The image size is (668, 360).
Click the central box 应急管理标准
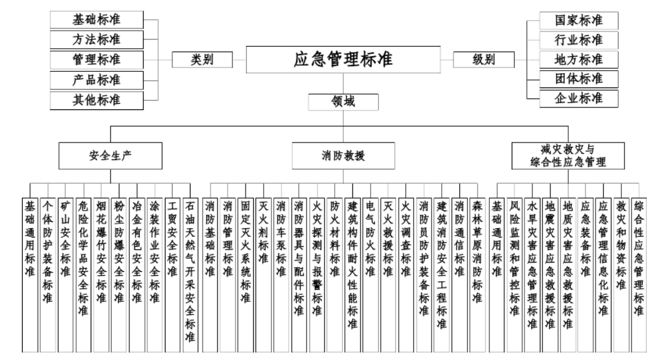(343, 59)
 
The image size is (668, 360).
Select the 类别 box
(202, 59)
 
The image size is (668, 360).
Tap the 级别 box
(484, 59)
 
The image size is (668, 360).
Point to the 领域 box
(343, 102)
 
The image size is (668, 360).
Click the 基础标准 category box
(97, 19)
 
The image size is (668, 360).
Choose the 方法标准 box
(97, 39)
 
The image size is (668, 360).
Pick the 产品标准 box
(97, 79)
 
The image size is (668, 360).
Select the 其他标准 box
(97, 100)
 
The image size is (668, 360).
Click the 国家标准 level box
(579, 20)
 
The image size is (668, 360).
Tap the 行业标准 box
(579, 40)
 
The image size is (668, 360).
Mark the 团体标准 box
(579, 79)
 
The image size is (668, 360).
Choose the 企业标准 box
(579, 98)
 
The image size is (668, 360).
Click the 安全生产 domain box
(111, 156)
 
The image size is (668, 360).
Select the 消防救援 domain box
(343, 156)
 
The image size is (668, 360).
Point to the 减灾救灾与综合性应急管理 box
(568, 156)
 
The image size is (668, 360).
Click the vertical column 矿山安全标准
(65, 275)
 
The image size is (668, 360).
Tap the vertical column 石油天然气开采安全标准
(190, 275)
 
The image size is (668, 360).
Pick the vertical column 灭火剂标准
(263, 275)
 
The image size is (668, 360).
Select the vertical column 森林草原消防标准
(477, 275)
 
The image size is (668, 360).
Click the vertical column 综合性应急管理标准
(639, 275)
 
